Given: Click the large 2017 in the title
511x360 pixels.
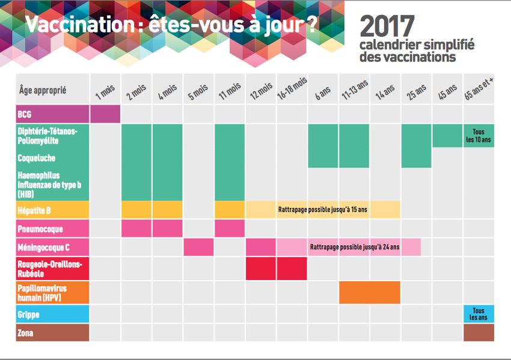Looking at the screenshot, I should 387,26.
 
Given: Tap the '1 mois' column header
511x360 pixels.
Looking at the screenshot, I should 105,91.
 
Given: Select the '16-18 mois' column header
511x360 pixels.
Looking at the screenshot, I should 292,90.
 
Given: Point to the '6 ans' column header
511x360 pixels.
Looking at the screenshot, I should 323,91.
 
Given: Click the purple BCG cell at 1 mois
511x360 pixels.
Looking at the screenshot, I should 105,114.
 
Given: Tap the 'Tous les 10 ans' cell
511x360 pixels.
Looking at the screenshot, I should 479,136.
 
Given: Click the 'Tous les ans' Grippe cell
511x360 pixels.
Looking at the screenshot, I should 479,314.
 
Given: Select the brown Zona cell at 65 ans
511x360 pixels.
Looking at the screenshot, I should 479,332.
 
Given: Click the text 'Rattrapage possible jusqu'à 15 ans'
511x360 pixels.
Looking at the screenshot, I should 323,210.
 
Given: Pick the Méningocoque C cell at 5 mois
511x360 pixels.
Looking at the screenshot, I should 198,248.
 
